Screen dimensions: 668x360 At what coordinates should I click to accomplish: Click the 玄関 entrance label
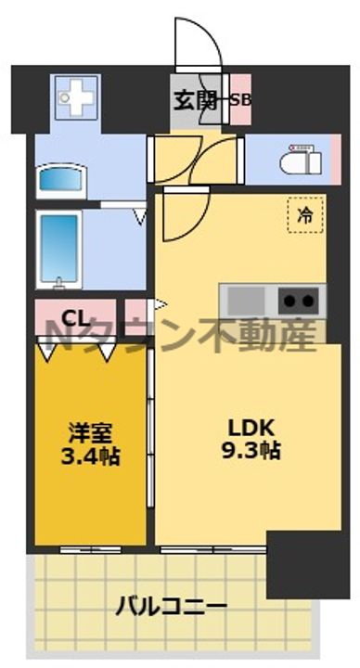tap(194, 100)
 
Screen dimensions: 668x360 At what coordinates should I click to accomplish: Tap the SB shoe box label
tap(240, 100)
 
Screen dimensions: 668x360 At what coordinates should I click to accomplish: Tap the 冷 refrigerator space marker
tap(304, 215)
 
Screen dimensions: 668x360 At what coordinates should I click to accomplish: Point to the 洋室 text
tap(89, 433)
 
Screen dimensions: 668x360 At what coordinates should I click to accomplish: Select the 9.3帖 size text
tap(252, 452)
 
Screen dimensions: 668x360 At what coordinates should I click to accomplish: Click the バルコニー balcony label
tap(171, 608)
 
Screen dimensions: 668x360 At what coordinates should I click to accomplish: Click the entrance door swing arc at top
tap(200, 42)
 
